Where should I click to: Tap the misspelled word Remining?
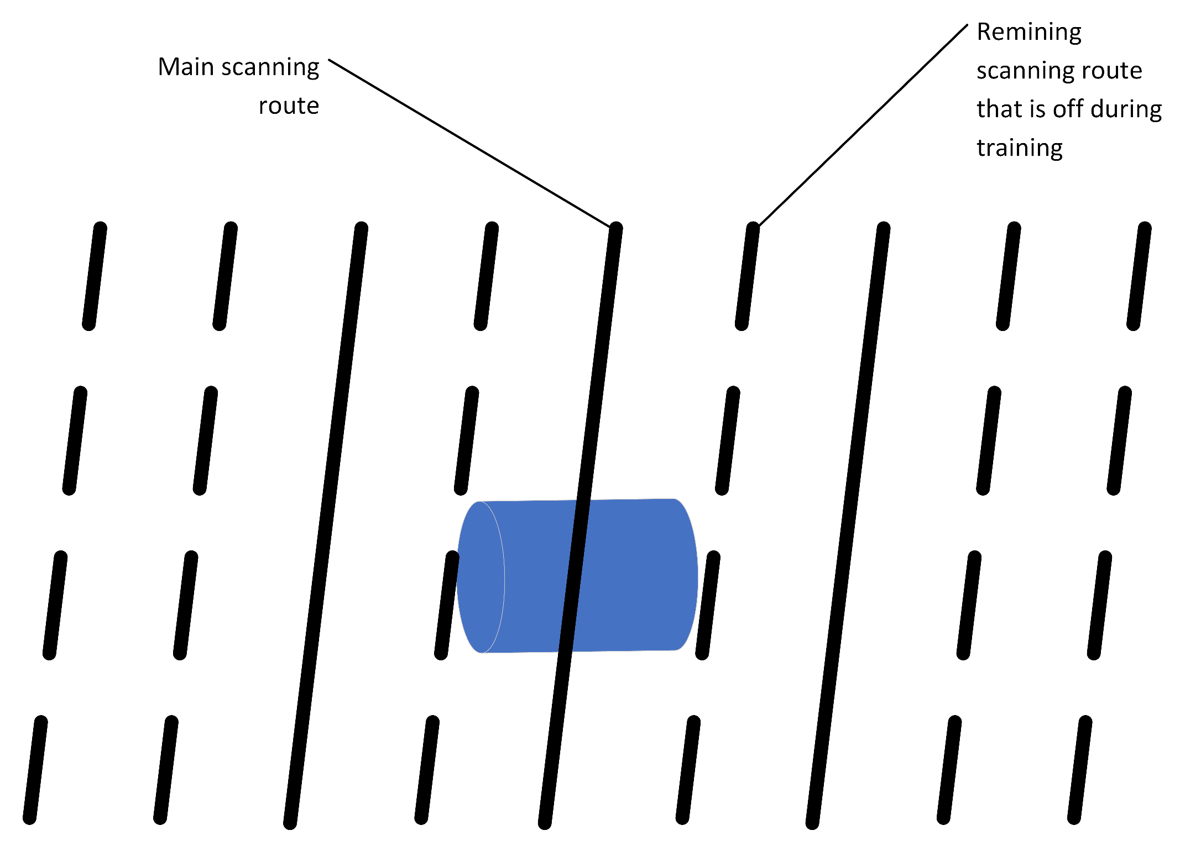pos(1028,32)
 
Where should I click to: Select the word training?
pos(1019,148)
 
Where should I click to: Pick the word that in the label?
pos(999,109)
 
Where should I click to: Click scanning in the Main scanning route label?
pos(271,68)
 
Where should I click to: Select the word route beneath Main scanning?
pos(289,106)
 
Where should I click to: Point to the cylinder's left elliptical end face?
pos(480,577)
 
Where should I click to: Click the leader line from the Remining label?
pos(863,125)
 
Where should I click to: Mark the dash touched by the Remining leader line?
pos(747,276)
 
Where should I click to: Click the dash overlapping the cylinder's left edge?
pos(447,605)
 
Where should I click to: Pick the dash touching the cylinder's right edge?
pos(708,605)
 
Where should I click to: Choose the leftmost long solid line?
pos(326,525)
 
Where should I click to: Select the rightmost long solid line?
pos(848,525)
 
